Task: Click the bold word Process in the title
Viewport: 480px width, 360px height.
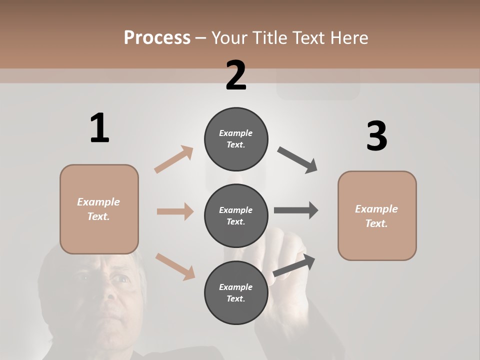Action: [157, 37]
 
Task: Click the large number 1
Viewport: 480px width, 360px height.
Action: [99, 128]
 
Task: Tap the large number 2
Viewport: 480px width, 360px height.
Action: [236, 75]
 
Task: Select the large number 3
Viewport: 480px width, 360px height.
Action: [376, 136]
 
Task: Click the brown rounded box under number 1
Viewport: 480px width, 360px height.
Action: [99, 209]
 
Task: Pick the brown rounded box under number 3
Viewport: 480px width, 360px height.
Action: [377, 215]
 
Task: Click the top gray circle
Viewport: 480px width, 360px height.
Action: [236, 139]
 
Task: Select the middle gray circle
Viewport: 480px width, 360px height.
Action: [236, 215]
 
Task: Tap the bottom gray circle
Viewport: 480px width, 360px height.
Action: [236, 292]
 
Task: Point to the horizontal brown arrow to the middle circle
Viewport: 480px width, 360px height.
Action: [175, 211]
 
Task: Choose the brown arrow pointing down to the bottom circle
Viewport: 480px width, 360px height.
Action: [175, 266]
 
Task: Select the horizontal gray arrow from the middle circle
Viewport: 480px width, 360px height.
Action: [296, 210]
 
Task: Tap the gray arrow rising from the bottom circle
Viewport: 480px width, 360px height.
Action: [294, 265]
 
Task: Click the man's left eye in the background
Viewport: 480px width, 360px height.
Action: [119, 277]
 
